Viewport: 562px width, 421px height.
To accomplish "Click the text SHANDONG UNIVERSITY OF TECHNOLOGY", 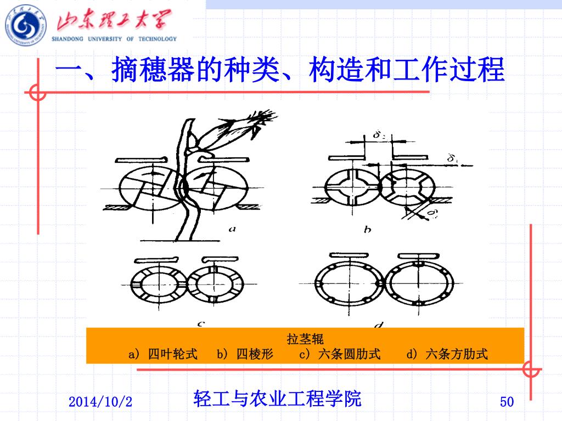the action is (x=114, y=39).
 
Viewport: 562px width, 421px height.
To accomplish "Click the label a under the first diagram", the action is (x=232, y=229).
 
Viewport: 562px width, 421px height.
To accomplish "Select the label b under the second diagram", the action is (x=367, y=229).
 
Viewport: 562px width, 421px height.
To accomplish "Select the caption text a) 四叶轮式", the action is (x=163, y=354).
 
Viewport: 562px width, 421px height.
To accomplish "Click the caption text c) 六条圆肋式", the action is (x=339, y=354).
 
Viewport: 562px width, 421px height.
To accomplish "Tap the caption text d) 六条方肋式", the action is (x=447, y=354).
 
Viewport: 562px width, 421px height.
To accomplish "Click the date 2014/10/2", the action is (x=100, y=402).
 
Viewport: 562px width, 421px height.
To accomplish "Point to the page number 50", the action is (x=507, y=402).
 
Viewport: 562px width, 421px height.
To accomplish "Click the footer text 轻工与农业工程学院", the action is (x=278, y=399).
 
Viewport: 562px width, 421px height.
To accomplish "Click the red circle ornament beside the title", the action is (x=37, y=93).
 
